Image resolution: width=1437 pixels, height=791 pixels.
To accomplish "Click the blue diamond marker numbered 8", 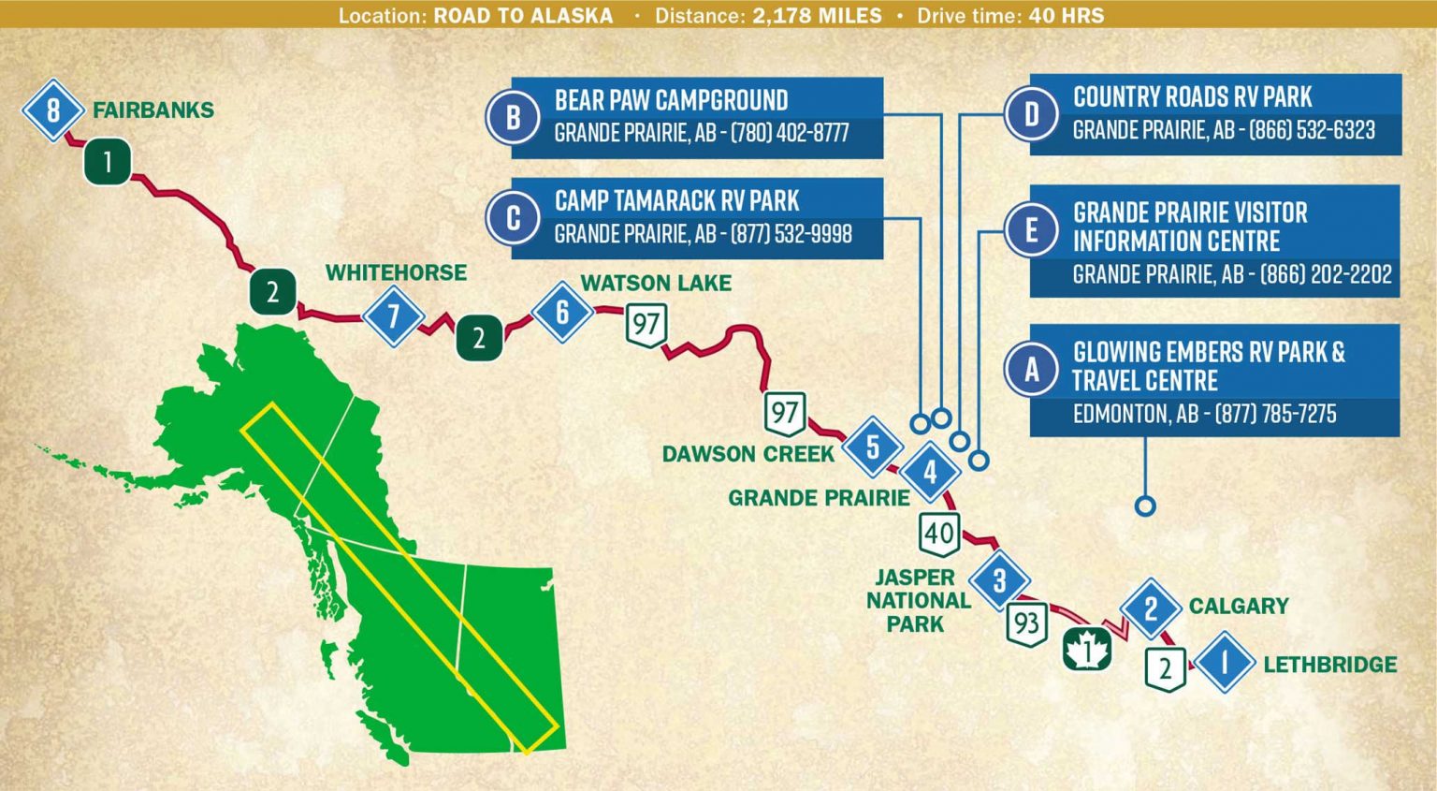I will click(53, 110).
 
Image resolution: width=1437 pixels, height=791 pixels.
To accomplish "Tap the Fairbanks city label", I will click(153, 110).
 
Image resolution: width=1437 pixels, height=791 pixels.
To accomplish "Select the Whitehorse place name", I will click(396, 272).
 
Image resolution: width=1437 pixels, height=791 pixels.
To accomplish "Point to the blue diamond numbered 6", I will click(562, 312).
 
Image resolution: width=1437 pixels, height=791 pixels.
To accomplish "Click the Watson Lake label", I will click(656, 283).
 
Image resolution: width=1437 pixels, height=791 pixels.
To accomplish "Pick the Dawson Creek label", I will click(748, 454).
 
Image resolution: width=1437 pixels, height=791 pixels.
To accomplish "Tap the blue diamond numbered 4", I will click(930, 472).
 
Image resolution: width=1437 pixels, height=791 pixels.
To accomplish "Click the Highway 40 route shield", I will click(938, 534).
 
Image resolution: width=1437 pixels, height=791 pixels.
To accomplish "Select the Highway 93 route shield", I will click(1026, 623).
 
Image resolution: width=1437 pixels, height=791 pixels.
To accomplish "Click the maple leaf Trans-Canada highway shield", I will click(1087, 648).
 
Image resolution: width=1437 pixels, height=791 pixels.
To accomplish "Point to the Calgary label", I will click(1239, 606).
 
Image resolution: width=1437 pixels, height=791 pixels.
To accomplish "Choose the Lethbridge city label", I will click(1329, 665).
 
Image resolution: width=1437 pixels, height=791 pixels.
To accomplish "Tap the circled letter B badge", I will click(513, 117).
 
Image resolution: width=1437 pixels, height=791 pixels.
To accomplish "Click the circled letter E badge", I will click(1031, 228).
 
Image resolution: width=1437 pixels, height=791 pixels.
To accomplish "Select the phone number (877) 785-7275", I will click(1275, 414).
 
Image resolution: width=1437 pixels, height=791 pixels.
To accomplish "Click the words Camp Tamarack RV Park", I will click(676, 200).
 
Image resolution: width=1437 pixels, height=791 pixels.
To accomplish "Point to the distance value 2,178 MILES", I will click(817, 16).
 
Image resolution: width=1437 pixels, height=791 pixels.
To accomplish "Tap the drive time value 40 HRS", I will click(1067, 16).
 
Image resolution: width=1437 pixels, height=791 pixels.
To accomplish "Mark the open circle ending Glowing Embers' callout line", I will click(1145, 506).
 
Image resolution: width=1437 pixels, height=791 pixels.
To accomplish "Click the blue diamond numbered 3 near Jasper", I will click(999, 580).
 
